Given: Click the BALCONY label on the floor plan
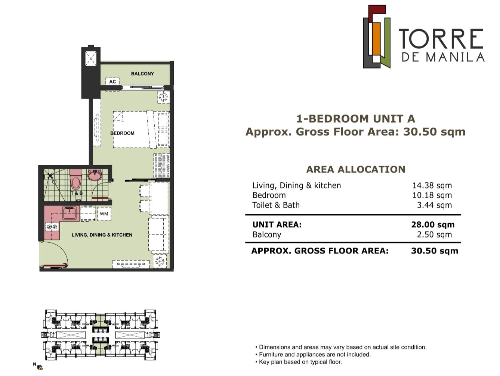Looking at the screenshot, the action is click(x=142, y=74).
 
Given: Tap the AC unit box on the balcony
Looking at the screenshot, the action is click(x=112, y=82).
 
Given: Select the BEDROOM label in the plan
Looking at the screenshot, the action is click(x=122, y=133).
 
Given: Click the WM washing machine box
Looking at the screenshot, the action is click(x=104, y=214).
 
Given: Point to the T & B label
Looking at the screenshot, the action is click(x=77, y=193).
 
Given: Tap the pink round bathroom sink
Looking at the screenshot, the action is click(x=95, y=175).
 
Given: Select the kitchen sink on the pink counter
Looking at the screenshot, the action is click(x=69, y=213).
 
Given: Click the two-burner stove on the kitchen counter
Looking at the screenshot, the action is click(x=52, y=227).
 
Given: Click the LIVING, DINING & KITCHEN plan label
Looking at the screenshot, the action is click(x=102, y=235).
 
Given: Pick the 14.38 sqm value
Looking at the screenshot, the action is click(x=432, y=185).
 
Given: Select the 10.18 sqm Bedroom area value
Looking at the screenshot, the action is click(x=432, y=195).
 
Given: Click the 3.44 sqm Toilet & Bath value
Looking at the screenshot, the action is click(x=434, y=205).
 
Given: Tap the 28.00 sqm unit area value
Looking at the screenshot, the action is click(x=433, y=225).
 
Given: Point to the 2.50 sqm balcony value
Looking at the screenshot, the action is click(x=434, y=234).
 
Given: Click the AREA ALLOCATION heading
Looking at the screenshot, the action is click(x=356, y=169).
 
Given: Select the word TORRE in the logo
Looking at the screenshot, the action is click(x=441, y=39).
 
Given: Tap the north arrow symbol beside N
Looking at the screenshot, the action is click(x=40, y=367).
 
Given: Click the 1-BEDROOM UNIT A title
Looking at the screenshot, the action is click(x=356, y=119).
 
